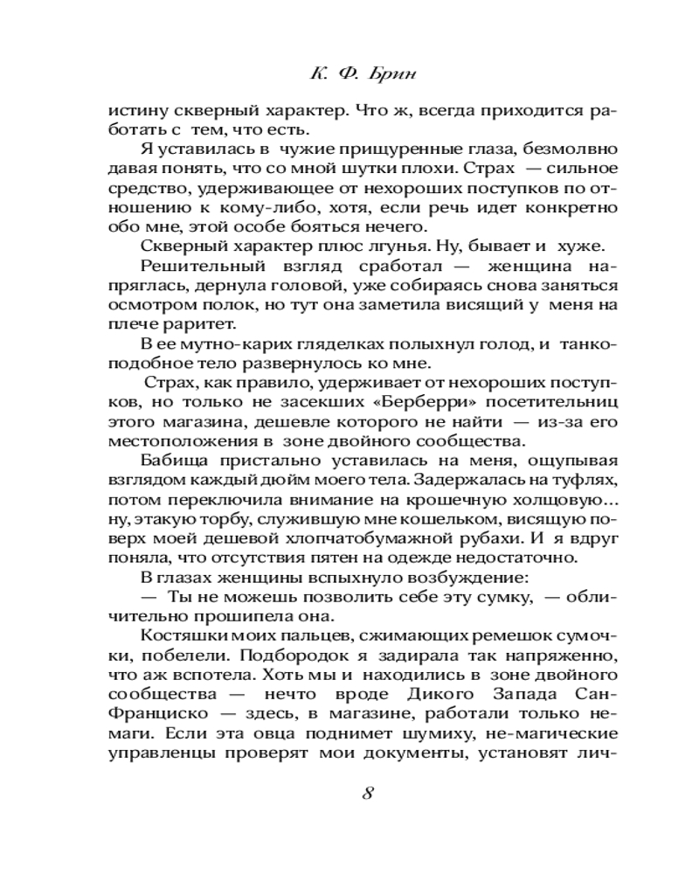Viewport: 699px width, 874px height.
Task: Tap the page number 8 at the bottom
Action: pos(367,794)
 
